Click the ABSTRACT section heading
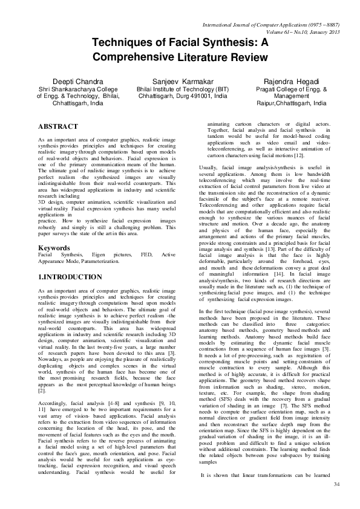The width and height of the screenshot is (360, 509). click(57, 126)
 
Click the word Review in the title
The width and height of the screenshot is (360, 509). click(247, 57)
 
